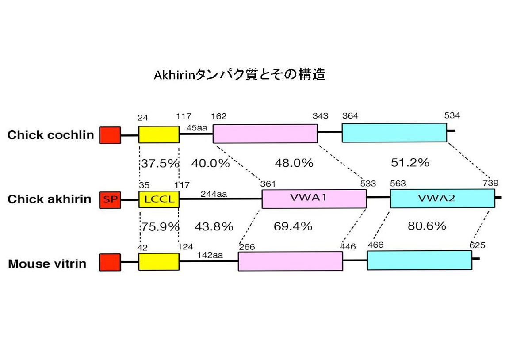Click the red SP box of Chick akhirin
110,199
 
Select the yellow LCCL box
159,199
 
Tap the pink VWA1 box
314,199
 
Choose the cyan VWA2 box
442,199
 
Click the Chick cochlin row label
50,135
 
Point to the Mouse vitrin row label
47,264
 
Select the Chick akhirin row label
49,199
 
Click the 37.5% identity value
160,163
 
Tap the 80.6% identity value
426,226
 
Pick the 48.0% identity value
294,163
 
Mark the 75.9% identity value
160,226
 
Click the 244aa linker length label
214,194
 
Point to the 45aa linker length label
196,128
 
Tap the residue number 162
219,116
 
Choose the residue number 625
477,245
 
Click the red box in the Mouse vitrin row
110,262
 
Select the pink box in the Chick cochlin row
265,134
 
